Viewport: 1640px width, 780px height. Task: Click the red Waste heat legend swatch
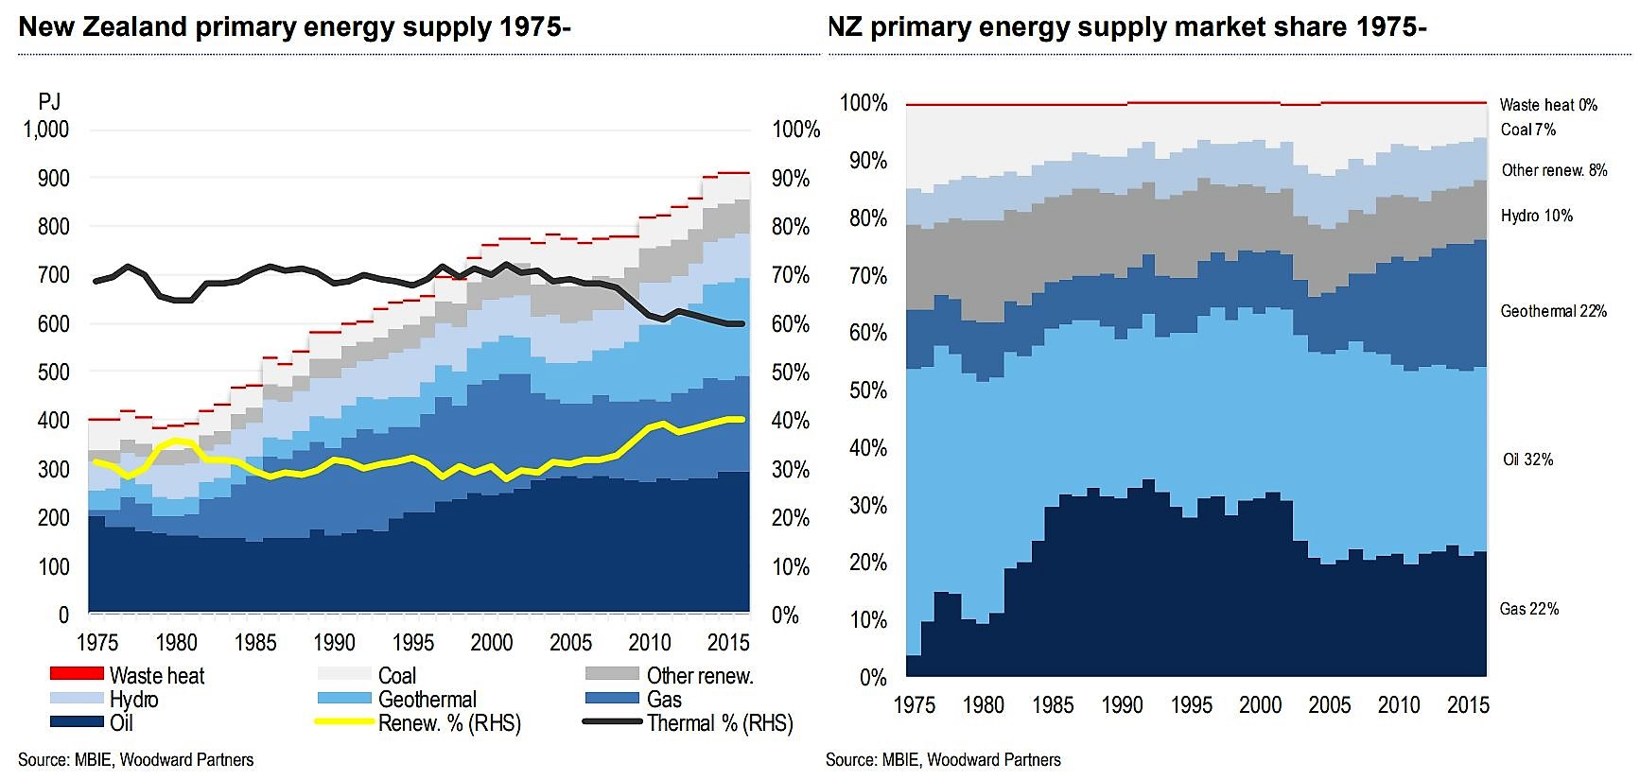77,673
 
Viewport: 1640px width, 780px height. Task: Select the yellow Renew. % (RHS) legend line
344,722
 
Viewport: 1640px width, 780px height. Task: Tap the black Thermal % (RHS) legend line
612,722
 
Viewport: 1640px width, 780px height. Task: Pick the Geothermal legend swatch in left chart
344,699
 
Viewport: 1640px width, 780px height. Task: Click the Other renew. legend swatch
612,673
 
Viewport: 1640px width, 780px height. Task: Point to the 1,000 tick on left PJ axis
45,130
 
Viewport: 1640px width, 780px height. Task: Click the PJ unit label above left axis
49,101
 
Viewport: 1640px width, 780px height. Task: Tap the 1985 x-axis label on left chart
255,643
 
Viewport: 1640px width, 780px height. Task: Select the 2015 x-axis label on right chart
1468,705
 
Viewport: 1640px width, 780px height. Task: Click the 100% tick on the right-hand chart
864,103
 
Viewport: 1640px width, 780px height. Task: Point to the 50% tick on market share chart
867,390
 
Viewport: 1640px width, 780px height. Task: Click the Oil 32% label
1527,460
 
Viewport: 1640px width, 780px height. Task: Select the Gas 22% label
1528,609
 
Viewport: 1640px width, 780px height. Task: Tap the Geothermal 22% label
1553,311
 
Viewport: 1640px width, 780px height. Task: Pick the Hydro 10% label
1536,216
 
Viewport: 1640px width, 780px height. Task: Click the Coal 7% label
1527,130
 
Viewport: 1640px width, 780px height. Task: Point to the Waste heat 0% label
1548,105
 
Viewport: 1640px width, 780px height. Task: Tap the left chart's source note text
136,760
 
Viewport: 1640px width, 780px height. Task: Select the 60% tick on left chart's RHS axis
791,324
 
